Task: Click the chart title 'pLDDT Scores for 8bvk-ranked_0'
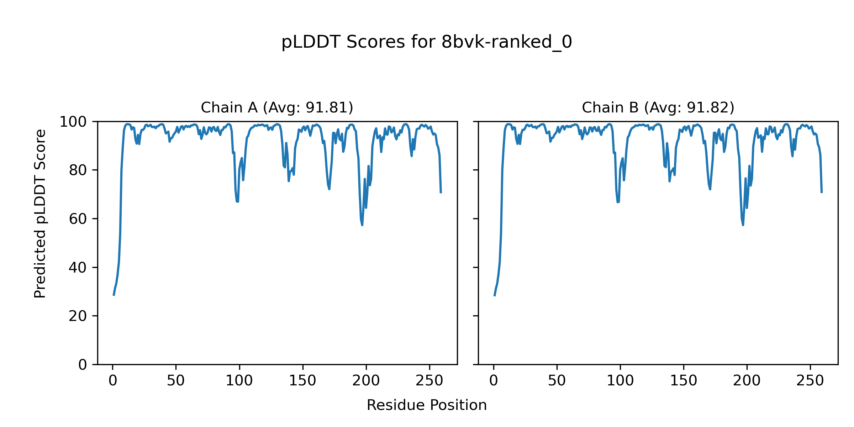427,42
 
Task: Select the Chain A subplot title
277,107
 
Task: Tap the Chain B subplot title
658,107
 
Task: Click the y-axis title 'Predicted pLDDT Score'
40,213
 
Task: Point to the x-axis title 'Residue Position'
427,405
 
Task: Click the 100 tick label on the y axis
73,122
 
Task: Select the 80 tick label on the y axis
78,170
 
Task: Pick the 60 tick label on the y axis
78,219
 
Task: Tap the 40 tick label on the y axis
78,268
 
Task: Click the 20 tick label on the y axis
78,316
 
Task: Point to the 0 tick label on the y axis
83,365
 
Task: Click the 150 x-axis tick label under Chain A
302,381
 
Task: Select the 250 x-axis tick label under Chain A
429,381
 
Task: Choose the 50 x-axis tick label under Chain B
557,381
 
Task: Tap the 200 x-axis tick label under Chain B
747,381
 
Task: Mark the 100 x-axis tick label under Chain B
620,381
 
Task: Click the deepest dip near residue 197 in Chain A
362,225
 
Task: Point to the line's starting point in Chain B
494,296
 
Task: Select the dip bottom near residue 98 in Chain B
618,202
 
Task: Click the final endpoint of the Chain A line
441,193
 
